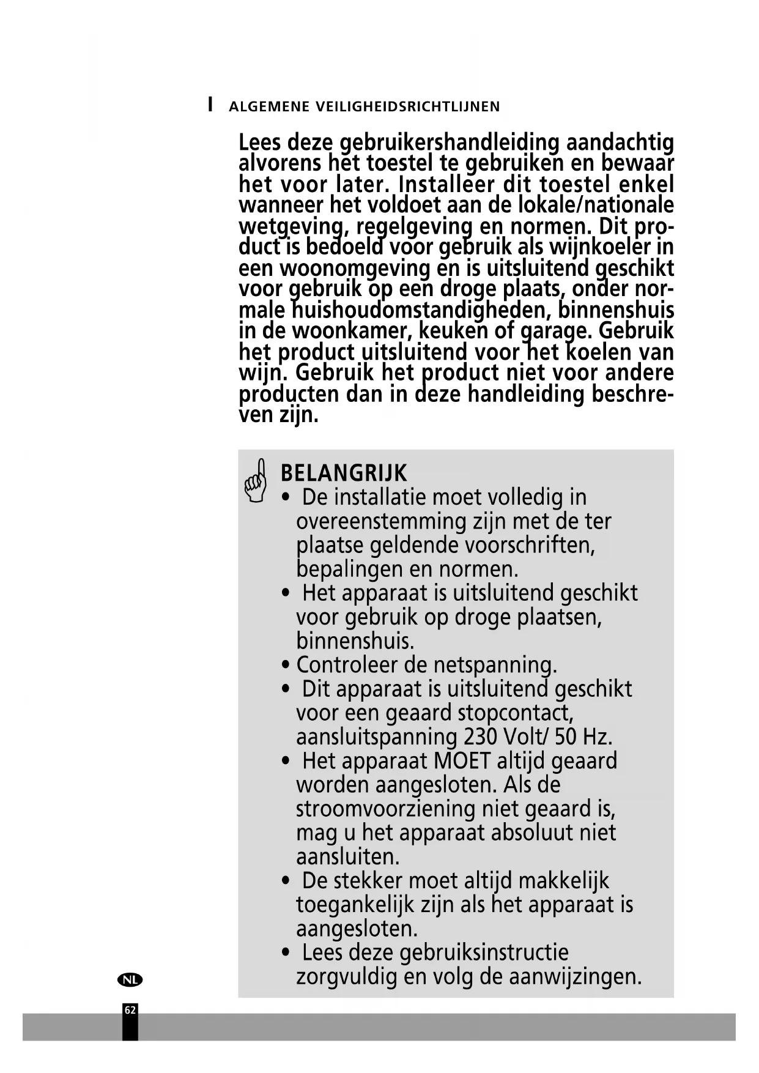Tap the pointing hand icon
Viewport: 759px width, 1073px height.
coord(256,480)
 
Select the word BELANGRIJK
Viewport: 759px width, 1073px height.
coord(343,473)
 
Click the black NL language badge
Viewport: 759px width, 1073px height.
coord(129,979)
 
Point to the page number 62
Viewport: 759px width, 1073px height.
coord(130,1010)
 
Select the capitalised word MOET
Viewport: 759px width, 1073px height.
coord(462,760)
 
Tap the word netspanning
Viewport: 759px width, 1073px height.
coord(495,664)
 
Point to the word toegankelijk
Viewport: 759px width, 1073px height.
coord(356,905)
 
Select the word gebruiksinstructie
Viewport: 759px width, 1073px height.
coord(484,952)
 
